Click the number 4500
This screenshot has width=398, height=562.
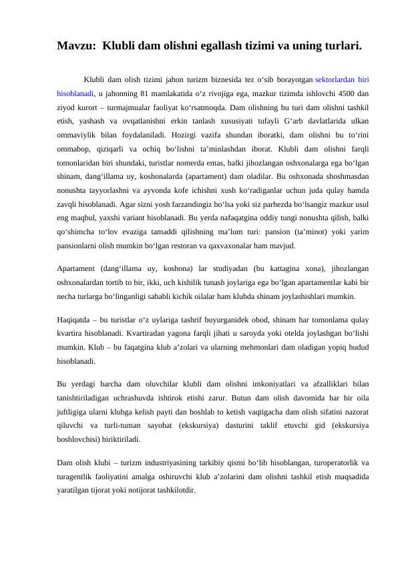click(x=339, y=92)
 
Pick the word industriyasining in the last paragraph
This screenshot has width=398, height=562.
click(x=168, y=462)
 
